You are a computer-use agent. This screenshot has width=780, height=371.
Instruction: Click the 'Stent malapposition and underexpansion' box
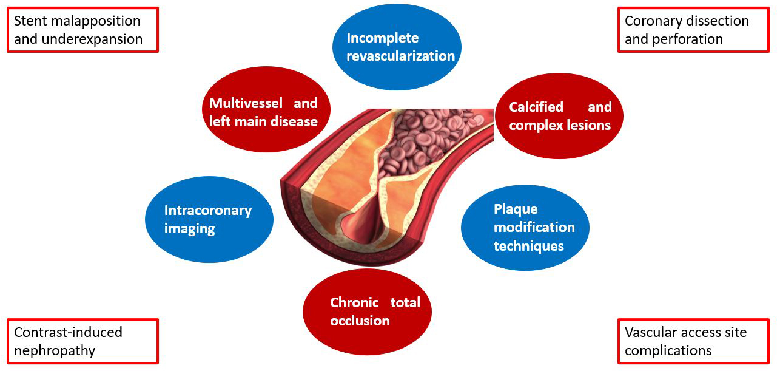(82, 30)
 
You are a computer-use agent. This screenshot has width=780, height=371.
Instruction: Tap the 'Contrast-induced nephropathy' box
(82, 341)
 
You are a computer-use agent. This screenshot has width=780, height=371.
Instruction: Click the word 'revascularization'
(401, 56)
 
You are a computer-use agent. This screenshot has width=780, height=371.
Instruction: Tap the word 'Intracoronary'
(208, 211)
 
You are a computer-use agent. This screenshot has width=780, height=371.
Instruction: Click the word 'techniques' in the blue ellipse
(529, 246)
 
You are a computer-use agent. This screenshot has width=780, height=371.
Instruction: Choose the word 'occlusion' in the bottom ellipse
(360, 320)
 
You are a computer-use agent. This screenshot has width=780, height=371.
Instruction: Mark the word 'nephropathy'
(55, 350)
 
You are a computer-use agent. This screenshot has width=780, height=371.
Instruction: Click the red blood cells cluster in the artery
(425, 146)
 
